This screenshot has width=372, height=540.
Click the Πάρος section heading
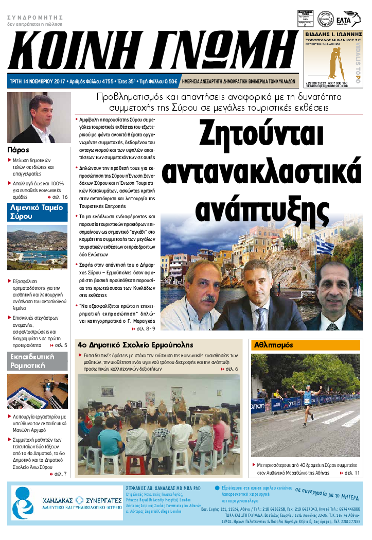[x=18, y=150]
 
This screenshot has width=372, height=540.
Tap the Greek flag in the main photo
[x=324, y=245]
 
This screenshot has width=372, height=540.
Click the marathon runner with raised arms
[x=307, y=402]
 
